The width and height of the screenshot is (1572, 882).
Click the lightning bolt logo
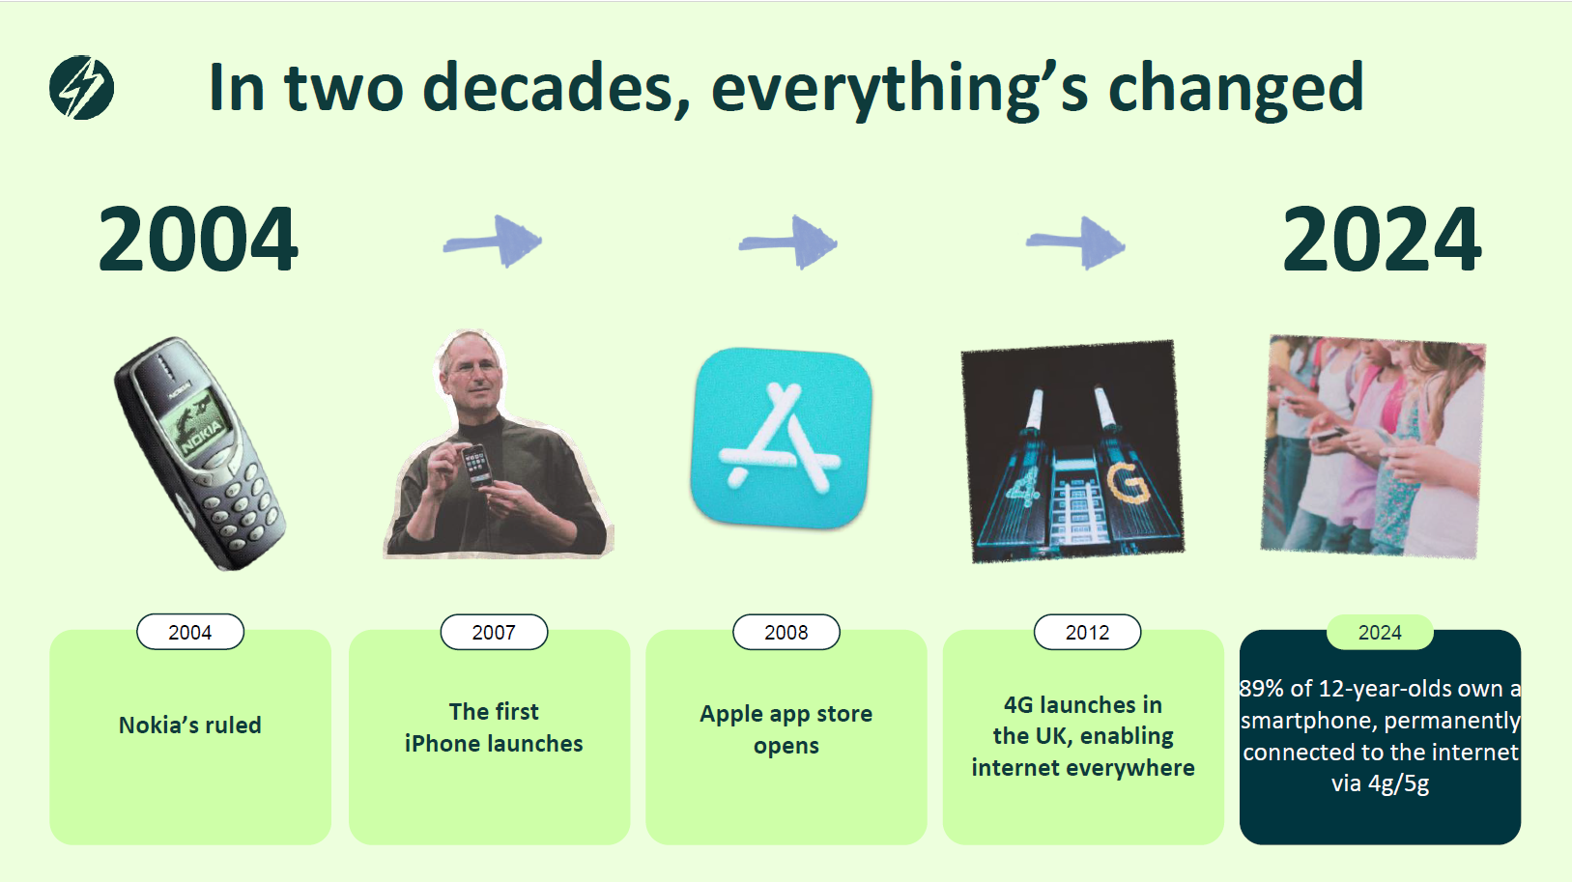81,87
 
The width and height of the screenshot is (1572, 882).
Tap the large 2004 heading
199,239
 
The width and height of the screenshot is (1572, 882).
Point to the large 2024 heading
1382,239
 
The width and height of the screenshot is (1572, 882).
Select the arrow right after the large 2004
493,242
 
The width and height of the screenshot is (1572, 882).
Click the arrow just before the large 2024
1075,243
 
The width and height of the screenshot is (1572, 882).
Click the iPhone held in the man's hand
476,466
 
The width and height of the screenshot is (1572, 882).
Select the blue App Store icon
781,438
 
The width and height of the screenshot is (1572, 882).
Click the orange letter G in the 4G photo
1129,483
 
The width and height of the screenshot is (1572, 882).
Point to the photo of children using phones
1373,446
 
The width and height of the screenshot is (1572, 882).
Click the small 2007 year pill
494,632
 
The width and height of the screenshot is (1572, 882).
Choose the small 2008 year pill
786,632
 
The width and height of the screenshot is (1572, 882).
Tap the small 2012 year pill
1087,632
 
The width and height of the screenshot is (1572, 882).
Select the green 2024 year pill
1380,632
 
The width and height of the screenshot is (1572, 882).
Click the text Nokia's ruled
190,725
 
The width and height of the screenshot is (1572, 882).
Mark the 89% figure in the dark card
1261,689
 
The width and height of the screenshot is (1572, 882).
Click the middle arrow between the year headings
787,242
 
